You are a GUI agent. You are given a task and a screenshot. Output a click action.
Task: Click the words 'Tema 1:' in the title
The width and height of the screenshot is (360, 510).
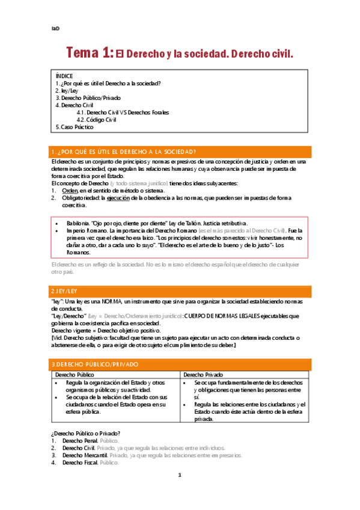coord(90,54)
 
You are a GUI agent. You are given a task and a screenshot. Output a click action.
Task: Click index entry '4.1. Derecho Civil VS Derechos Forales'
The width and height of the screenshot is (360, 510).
coord(123,112)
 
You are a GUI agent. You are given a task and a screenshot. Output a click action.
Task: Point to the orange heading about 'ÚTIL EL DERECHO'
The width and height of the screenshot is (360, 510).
coord(124,152)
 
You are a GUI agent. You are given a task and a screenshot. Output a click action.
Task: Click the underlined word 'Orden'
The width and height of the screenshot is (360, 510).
coord(70,190)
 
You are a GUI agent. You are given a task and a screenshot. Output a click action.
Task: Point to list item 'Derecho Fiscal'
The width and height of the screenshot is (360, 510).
coord(80,462)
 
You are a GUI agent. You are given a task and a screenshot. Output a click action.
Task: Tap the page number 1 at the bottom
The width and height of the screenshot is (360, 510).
coord(179,492)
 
